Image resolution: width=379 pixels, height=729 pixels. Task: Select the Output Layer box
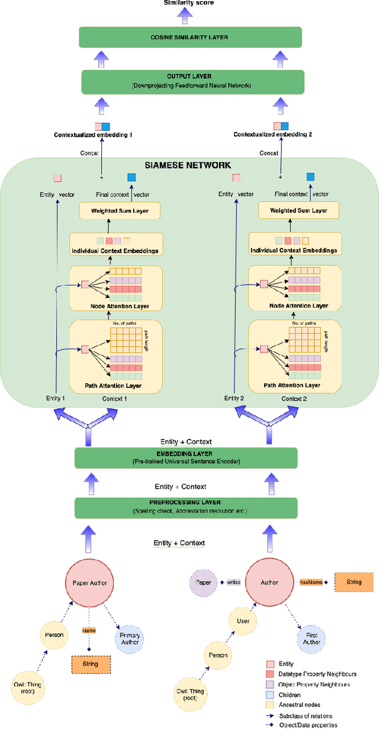[192, 82]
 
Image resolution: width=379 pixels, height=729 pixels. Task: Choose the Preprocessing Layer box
[186, 508]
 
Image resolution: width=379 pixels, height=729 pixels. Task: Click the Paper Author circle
[89, 582]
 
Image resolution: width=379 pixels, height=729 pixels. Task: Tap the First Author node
[312, 638]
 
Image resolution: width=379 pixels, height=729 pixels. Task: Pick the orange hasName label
[311, 582]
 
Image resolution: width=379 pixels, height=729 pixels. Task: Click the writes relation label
[232, 582]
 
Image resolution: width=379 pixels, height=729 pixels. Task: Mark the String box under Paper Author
[91, 664]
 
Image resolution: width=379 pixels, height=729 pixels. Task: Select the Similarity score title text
[189, 4]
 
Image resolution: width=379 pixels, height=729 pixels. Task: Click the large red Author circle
[270, 582]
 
